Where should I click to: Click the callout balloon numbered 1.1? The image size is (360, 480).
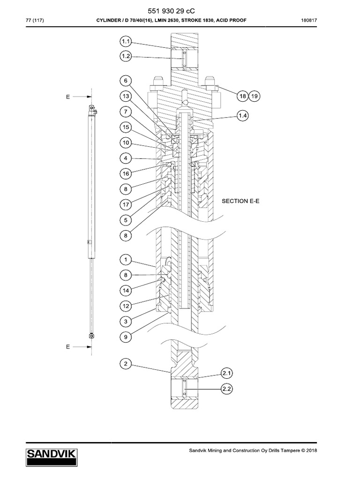point(126,41)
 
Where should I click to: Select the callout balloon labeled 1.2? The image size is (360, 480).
point(126,56)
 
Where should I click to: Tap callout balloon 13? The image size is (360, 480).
point(126,96)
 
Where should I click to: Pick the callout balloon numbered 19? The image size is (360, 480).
point(254,96)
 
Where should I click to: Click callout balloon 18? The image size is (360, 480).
point(243,96)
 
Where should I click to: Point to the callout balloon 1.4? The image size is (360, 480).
point(243,115)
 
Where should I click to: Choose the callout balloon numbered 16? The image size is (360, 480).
point(126,173)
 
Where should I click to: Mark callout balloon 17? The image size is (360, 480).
point(126,204)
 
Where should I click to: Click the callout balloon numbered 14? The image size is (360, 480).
point(126,291)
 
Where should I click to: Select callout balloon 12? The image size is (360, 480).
point(126,306)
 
